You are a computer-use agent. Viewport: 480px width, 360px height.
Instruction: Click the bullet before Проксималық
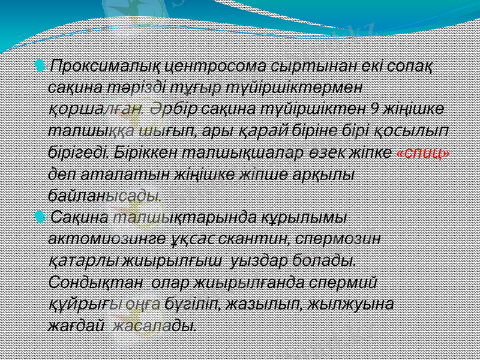(40, 64)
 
